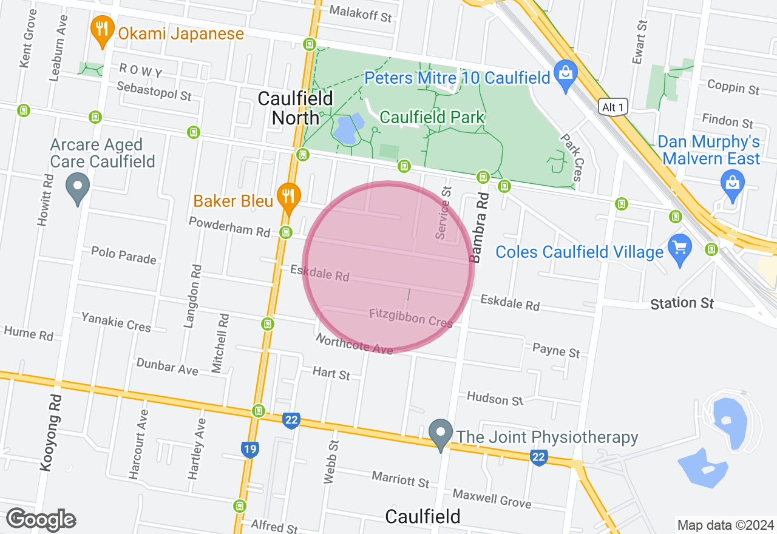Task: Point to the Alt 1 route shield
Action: [612, 107]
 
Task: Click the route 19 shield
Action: [249, 449]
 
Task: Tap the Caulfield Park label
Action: [432, 117]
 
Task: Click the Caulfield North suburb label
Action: [295, 107]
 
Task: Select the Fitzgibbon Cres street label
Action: [411, 317]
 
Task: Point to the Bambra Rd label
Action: [479, 228]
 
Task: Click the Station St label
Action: [682, 303]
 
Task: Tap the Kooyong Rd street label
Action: [51, 432]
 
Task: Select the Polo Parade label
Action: [124, 255]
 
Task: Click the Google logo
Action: [41, 520]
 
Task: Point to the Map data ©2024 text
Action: [726, 525]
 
